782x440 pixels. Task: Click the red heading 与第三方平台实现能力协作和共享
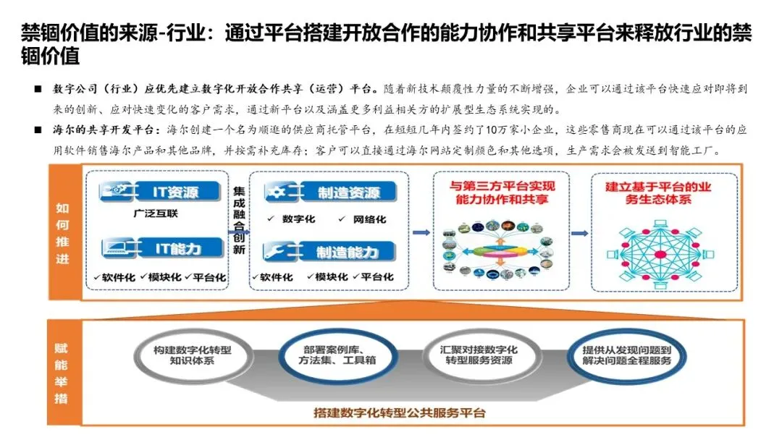500,192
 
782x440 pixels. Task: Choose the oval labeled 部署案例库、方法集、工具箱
329,355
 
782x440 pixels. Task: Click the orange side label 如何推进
62,233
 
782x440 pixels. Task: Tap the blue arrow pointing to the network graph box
579,233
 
